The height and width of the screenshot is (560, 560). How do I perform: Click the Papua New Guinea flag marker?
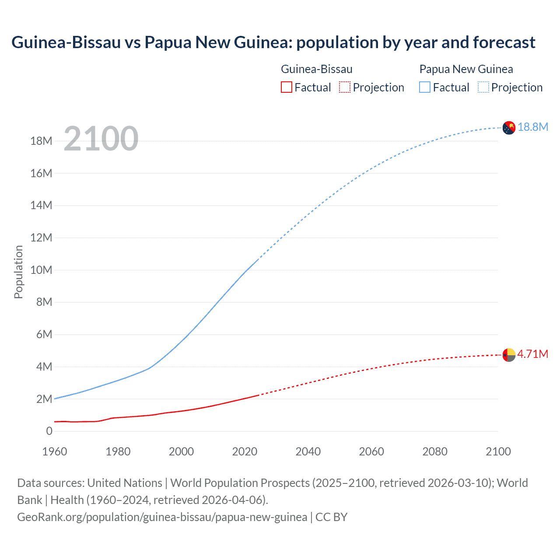click(x=509, y=128)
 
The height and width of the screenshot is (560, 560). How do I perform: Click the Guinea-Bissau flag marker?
click(x=509, y=355)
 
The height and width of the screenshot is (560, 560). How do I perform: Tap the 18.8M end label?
click(x=533, y=127)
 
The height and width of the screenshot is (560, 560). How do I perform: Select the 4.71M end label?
click(x=532, y=354)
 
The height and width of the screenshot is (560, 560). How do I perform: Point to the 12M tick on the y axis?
click(x=41, y=238)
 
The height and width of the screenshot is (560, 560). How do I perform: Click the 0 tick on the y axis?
click(x=49, y=431)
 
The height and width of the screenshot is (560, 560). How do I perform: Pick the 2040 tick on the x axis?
click(x=308, y=451)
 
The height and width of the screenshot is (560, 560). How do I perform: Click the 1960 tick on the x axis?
click(x=55, y=451)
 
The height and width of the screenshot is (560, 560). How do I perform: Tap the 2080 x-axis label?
click(x=435, y=451)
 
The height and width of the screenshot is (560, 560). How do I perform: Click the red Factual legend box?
click(x=286, y=87)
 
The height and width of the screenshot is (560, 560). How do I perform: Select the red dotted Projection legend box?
click(x=345, y=87)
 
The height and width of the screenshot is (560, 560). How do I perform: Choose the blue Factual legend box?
click(x=425, y=87)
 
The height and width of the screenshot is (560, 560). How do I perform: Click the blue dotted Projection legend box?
click(x=483, y=87)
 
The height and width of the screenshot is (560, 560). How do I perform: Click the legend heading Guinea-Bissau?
click(x=316, y=69)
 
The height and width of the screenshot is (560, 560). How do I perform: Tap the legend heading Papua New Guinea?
click(x=466, y=69)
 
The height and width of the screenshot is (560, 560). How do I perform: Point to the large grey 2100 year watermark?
click(x=101, y=139)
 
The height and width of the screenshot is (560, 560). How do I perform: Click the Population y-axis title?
click(x=18, y=272)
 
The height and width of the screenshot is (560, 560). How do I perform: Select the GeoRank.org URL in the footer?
click(x=162, y=517)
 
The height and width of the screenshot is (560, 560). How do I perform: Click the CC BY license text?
click(x=331, y=517)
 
